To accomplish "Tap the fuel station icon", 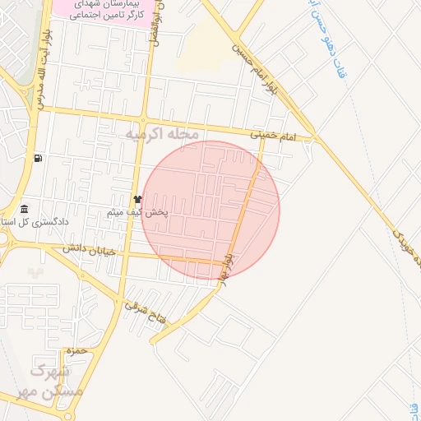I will point(38,158).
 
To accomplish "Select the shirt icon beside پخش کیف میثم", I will point(137,200).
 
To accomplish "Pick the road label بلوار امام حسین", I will point(246,58).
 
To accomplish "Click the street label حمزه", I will point(77,351).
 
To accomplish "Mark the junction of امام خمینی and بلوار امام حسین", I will point(314,139).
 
